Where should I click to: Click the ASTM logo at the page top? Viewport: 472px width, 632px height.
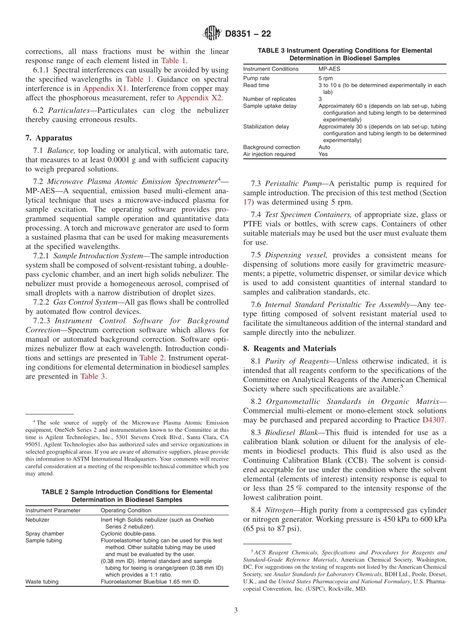212,34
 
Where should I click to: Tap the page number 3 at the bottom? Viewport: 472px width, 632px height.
236,610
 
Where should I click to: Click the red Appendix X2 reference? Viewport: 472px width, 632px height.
199,97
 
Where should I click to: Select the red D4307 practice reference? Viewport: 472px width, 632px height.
435,420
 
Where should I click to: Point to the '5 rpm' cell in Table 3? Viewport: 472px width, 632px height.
326,79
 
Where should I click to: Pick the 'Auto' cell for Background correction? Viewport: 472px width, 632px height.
324,147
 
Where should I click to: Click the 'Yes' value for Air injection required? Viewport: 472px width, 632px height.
323,154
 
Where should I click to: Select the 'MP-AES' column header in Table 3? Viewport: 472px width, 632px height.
329,69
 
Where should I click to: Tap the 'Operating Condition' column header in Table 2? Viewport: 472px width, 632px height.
126,510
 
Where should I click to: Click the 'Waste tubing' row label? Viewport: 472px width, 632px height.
42,581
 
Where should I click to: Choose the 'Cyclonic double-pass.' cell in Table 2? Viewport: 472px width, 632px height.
128,534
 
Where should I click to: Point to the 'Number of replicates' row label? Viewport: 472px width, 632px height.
269,99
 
